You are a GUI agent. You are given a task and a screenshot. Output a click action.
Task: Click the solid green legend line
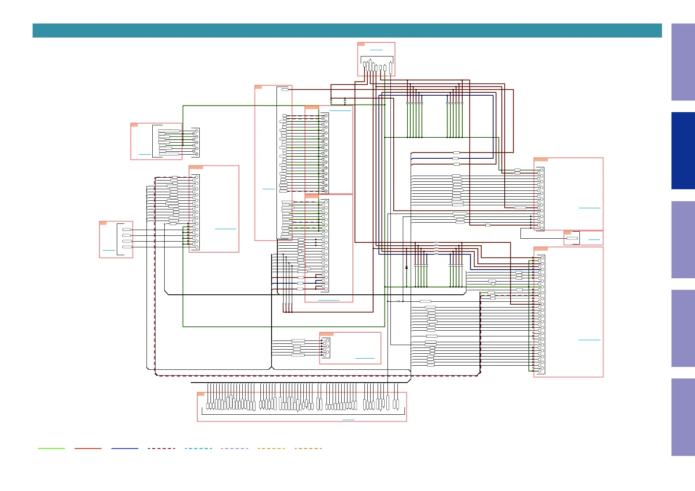[x=51, y=448]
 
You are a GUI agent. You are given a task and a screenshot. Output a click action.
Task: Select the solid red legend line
[x=88, y=448]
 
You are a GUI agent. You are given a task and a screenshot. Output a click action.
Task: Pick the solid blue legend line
[x=125, y=448]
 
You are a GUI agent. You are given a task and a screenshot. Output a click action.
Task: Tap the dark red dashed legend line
[x=161, y=448]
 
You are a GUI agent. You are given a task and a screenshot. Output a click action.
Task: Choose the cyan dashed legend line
[x=198, y=448]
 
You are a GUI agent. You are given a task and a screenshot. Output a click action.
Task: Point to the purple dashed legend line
[x=234, y=448]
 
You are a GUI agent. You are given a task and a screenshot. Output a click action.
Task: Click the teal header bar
[x=347, y=31]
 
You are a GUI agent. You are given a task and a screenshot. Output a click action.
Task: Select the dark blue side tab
[x=683, y=150]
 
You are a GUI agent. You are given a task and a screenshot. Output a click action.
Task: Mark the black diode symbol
[x=407, y=268]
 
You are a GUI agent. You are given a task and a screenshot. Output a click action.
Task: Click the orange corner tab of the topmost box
[x=361, y=44]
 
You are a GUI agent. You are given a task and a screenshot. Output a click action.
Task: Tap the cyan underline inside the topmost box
[x=376, y=50]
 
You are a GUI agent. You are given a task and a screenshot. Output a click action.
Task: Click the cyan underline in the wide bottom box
[x=348, y=420]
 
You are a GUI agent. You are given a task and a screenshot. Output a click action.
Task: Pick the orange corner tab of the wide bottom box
[x=201, y=394]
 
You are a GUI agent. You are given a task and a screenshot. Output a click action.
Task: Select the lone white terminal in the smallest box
[x=572, y=238]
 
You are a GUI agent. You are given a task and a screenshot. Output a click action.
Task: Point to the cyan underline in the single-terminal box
[x=594, y=240]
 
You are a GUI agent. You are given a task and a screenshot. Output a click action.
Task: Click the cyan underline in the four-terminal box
[x=109, y=250]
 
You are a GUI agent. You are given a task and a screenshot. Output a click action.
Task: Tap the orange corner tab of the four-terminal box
[x=103, y=223]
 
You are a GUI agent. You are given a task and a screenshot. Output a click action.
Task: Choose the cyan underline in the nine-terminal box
[x=145, y=154]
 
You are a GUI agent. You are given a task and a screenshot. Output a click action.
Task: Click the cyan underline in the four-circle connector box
[x=365, y=358]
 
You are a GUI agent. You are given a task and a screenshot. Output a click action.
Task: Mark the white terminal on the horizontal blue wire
[x=456, y=158]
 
